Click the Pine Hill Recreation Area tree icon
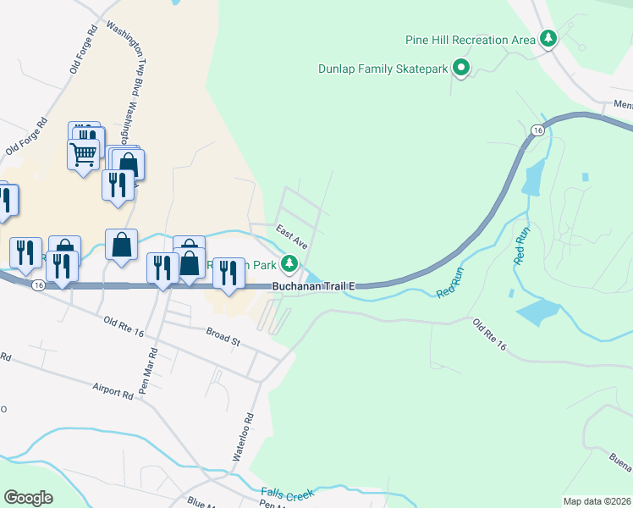(549, 38)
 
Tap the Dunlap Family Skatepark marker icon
(460, 67)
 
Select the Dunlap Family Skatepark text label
(382, 69)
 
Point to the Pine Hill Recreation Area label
(469, 39)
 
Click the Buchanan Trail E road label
(312, 287)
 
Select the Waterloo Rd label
(243, 437)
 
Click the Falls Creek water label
(288, 494)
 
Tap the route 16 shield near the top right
(537, 130)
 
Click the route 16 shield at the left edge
(39, 286)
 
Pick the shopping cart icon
(83, 154)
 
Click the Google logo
(28, 498)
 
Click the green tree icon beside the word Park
(290, 264)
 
